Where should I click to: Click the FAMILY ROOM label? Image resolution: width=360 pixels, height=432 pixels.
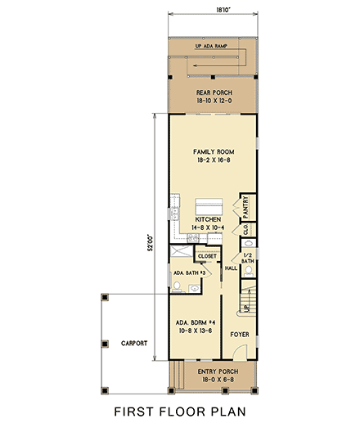point(214,152)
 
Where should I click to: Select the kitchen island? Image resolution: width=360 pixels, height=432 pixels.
point(209,204)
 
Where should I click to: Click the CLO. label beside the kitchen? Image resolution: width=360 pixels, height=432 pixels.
point(245,230)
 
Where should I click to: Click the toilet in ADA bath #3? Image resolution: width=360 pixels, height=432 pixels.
point(178,286)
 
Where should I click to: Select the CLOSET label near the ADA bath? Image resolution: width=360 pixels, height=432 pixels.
point(207,256)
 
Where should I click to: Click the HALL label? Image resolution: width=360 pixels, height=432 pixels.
point(231,268)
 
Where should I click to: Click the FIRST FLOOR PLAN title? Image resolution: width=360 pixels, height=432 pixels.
point(180,411)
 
